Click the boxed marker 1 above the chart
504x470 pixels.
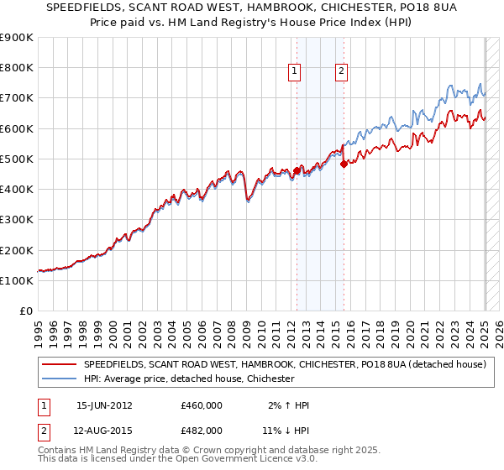pyautogui.click(x=296, y=72)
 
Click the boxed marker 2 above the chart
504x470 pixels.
pyautogui.click(x=342, y=72)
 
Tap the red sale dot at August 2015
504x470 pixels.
pyautogui.click(x=343, y=164)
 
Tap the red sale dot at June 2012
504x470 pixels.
pyautogui.click(x=297, y=171)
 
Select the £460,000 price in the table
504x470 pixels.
pyautogui.click(x=202, y=405)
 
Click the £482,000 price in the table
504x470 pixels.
pyautogui.click(x=202, y=430)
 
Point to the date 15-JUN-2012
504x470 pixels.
pyautogui.click(x=104, y=405)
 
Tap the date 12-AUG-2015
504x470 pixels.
pyautogui.click(x=105, y=430)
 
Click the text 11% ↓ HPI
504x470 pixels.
pyautogui.click(x=284, y=430)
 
